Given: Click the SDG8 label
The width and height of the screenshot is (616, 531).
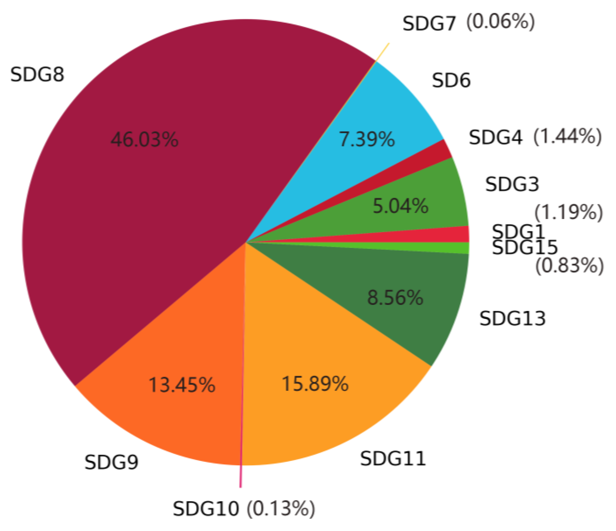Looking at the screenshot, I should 37,74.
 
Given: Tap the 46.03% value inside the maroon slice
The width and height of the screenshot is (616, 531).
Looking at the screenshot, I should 144,139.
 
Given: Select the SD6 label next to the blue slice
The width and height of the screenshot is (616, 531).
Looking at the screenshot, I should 451,81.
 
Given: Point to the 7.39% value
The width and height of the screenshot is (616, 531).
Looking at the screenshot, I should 367,139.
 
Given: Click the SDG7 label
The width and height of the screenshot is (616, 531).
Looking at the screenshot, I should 429,24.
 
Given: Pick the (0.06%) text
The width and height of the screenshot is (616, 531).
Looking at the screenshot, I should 500,22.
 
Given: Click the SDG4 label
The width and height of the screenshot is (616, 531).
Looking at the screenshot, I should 496,138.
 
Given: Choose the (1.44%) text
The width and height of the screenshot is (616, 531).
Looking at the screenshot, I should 567,137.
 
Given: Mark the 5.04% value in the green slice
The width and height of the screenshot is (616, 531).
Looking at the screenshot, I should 400,206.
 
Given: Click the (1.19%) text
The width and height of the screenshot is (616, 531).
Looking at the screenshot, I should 568,212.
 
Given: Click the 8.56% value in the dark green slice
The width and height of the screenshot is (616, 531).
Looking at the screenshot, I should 395,298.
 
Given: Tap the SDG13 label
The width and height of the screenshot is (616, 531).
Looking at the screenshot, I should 513,319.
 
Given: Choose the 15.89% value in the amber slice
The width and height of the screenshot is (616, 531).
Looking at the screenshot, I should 315,384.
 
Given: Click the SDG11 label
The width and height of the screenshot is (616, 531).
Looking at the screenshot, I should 393,459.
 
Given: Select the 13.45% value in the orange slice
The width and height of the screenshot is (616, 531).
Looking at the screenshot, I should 182,385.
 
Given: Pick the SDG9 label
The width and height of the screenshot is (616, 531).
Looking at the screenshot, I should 112,463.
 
